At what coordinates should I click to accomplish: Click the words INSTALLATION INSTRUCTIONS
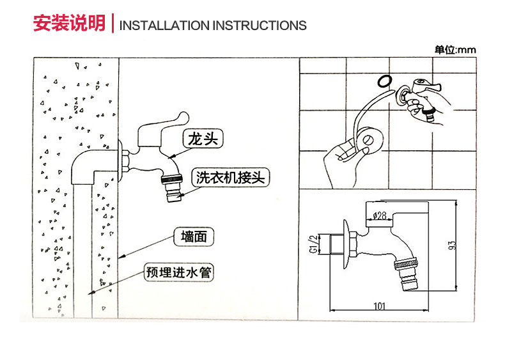[213, 26]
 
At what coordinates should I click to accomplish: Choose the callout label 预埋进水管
[178, 273]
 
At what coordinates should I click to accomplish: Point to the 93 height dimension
[452, 245]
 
